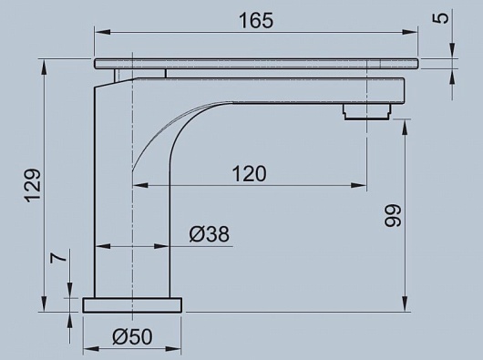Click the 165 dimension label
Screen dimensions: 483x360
[256, 21]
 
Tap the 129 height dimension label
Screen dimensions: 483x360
[32, 185]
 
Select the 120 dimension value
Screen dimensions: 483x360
[249, 174]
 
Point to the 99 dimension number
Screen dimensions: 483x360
[393, 215]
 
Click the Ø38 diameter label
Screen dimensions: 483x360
[210, 234]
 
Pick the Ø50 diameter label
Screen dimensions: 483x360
[132, 336]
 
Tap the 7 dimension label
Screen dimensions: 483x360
[58, 255]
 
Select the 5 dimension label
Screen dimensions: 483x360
[443, 17]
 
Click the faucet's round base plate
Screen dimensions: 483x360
[132, 305]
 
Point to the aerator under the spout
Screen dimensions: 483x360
[367, 111]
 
